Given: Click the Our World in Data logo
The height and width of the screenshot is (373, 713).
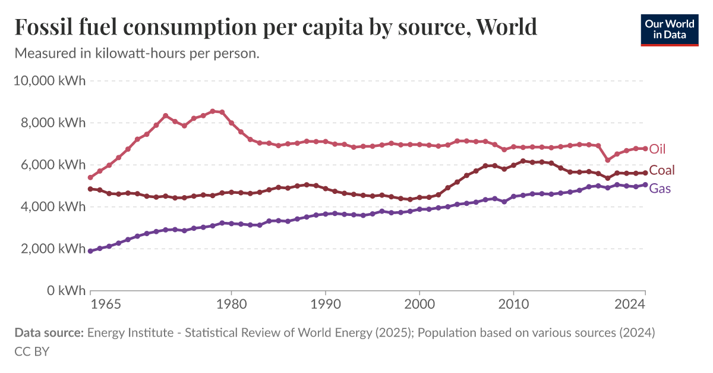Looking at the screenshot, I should tap(669, 29).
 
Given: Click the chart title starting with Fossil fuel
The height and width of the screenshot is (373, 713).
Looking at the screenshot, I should tap(276, 27).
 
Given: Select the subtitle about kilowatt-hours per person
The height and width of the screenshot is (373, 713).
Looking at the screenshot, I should tap(137, 54).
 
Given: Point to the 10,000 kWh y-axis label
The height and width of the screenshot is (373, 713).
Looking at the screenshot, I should tap(50, 80).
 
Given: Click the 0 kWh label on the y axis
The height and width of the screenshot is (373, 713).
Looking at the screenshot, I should tap(64, 291).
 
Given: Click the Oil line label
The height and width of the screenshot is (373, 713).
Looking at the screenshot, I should tap(657, 149).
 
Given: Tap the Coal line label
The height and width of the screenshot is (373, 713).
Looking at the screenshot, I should tap(661, 171).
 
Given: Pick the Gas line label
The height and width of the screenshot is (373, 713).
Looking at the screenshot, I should tap(660, 189).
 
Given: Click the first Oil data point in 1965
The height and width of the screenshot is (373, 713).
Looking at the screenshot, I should tap(90, 177).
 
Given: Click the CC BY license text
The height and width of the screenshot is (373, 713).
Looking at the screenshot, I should tap(31, 351).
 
